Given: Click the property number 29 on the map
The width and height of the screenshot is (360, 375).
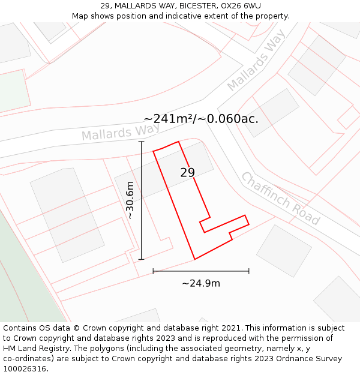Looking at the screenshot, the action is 187,173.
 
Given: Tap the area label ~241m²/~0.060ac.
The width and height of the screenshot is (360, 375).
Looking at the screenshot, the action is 201,119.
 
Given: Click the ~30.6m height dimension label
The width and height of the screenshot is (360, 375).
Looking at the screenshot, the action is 130,200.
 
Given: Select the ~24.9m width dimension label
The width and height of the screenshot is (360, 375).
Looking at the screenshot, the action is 201,283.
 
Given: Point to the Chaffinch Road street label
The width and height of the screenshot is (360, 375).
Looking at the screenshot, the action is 280,199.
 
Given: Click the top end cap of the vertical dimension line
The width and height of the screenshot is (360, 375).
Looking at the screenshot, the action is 142,142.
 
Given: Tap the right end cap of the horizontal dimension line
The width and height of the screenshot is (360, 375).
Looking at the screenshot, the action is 248,271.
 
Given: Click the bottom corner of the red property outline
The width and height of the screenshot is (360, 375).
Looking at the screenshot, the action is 194,259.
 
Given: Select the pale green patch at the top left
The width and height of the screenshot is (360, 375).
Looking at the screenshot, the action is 13,91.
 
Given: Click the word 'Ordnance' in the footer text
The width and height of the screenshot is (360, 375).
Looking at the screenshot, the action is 290,359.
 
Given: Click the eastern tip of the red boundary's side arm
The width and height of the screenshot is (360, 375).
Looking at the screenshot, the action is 248,224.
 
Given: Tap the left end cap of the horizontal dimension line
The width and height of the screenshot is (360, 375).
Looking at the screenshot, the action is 153,271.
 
